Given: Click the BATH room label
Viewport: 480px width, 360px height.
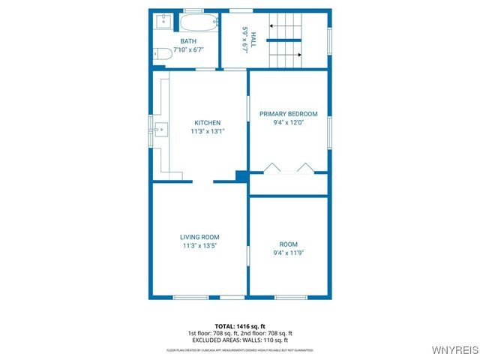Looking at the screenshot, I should (x=189, y=41).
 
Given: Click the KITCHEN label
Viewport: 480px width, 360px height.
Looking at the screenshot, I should (x=208, y=122).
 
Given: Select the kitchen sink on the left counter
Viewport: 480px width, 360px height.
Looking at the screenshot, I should (x=158, y=130).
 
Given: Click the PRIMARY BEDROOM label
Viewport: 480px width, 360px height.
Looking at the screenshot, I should (x=289, y=114).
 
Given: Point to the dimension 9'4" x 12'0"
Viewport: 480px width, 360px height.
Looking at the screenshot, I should (x=289, y=123).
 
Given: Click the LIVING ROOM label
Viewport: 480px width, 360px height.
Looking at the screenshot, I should (x=199, y=237).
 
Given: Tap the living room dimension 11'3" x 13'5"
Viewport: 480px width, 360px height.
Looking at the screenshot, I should (x=199, y=246).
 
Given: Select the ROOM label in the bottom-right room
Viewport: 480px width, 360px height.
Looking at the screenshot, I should (x=289, y=244).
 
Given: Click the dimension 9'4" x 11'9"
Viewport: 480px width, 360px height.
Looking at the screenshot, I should (x=289, y=253).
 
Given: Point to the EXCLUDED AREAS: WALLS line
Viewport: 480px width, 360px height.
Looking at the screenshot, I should (x=240, y=340).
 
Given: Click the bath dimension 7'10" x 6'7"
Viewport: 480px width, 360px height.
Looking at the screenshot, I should (x=189, y=49).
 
